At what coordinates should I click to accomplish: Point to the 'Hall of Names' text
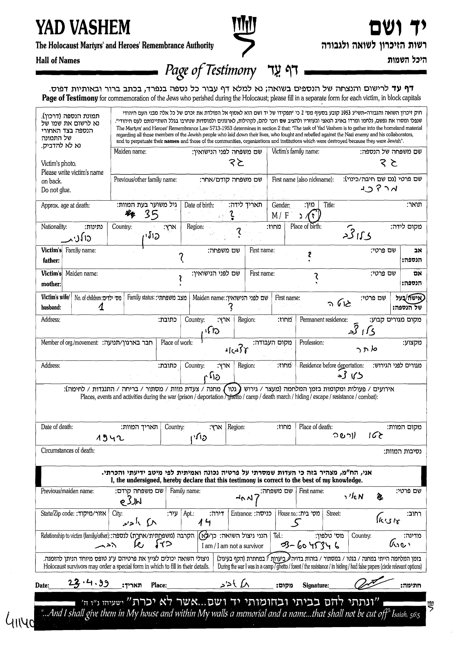tap(58, 60)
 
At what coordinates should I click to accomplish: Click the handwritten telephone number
tap(310, 546)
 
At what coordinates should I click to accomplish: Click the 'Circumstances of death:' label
tap(68, 451)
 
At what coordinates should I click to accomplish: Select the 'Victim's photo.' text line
tap(59, 163)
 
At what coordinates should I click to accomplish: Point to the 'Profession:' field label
tap(311, 343)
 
